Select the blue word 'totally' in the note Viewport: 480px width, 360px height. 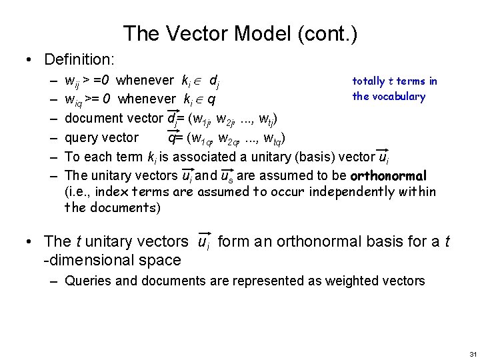coord(368,81)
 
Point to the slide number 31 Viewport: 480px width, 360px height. coord(473,353)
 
